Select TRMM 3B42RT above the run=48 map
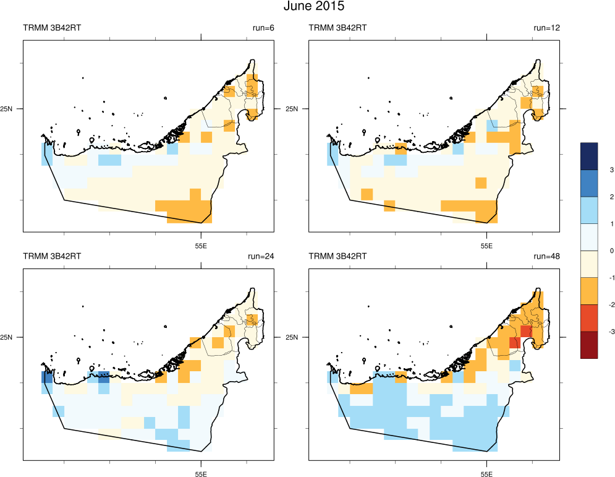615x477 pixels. [x=337, y=256]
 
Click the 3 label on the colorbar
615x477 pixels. [x=594, y=170]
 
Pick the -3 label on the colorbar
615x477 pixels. [x=594, y=332]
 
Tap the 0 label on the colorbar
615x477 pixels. [x=594, y=251]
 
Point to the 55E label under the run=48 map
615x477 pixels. [x=486, y=474]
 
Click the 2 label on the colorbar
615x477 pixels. [x=594, y=197]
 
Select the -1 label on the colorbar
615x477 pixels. [x=594, y=278]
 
